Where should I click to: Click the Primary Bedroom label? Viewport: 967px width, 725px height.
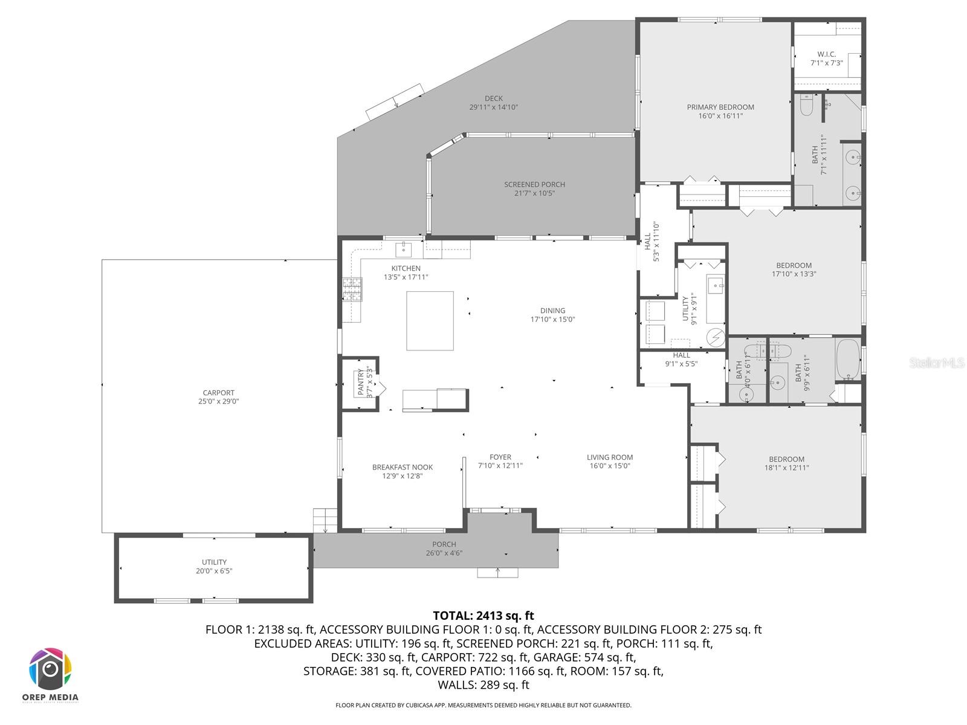click(720, 108)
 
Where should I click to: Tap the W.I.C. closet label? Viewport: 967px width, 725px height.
click(826, 54)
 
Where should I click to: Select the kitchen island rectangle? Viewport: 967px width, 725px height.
click(430, 321)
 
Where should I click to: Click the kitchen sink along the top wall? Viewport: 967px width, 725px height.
click(403, 248)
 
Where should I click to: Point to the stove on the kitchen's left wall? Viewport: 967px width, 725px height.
click(352, 289)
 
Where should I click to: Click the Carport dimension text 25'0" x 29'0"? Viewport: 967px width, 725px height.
click(218, 401)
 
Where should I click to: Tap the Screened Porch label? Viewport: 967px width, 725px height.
click(534, 185)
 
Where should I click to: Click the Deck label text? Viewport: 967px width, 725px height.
click(493, 98)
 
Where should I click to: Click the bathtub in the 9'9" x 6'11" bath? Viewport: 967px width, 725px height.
click(847, 359)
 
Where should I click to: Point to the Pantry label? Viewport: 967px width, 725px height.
click(361, 382)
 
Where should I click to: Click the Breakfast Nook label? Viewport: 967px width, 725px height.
click(402, 467)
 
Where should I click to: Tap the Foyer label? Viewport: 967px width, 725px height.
click(500, 457)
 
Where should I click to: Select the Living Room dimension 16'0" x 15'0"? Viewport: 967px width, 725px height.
click(610, 466)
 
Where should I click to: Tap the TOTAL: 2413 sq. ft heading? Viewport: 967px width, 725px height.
click(483, 616)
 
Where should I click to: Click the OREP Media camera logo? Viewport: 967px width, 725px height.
click(51, 669)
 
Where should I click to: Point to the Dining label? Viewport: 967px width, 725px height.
click(552, 311)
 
